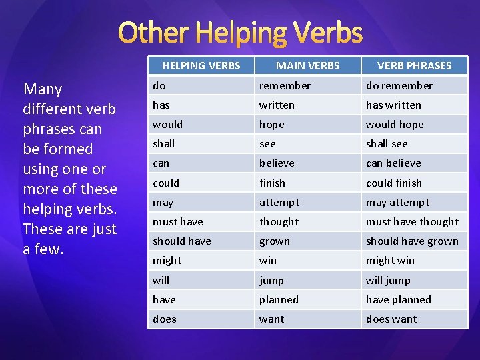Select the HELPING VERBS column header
201,65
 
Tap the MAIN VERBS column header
307,65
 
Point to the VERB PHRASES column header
414,65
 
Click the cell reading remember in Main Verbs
285,85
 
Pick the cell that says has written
393,105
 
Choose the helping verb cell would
167,124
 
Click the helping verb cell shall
163,143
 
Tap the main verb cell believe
277,163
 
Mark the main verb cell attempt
279,202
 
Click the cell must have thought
412,221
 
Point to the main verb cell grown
275,241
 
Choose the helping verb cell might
167,260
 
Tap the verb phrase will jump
388,280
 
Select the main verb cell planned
279,299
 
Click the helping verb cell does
165,319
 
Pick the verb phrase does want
391,319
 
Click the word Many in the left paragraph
43,89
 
